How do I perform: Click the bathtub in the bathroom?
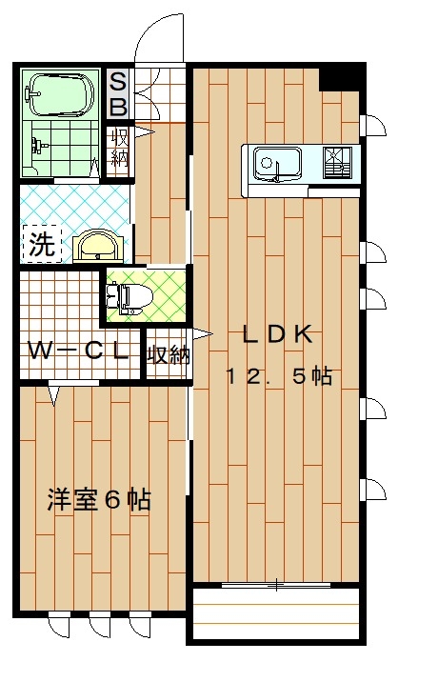click(x=59, y=96)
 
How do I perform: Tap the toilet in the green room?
click(x=129, y=299)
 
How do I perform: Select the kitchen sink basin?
click(x=277, y=163)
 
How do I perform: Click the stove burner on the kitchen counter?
click(x=337, y=163)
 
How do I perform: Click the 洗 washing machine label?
click(x=42, y=244)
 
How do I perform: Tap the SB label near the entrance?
click(x=118, y=94)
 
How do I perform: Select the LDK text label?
click(x=277, y=335)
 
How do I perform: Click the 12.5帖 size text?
click(x=279, y=376)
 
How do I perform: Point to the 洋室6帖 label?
click(x=99, y=500)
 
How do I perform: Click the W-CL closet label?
click(x=78, y=351)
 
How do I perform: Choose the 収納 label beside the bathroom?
click(x=120, y=148)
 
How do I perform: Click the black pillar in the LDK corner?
click(x=341, y=79)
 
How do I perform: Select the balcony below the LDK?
click(x=276, y=613)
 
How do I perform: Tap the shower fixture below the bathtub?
click(x=38, y=144)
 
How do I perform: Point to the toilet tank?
click(x=111, y=299)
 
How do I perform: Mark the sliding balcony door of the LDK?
click(x=277, y=586)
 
